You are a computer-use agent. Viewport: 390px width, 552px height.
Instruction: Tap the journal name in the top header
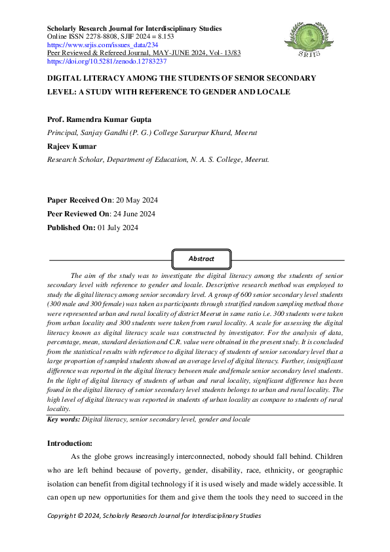(134, 28)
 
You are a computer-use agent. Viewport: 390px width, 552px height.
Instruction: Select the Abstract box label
(202, 259)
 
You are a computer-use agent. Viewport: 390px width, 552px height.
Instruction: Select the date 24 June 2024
(134, 214)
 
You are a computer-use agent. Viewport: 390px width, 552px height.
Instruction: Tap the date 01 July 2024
(127, 227)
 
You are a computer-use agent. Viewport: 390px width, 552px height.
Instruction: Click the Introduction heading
(74, 443)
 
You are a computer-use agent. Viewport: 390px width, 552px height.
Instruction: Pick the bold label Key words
(64, 418)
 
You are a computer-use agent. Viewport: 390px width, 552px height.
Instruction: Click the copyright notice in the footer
(154, 516)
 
